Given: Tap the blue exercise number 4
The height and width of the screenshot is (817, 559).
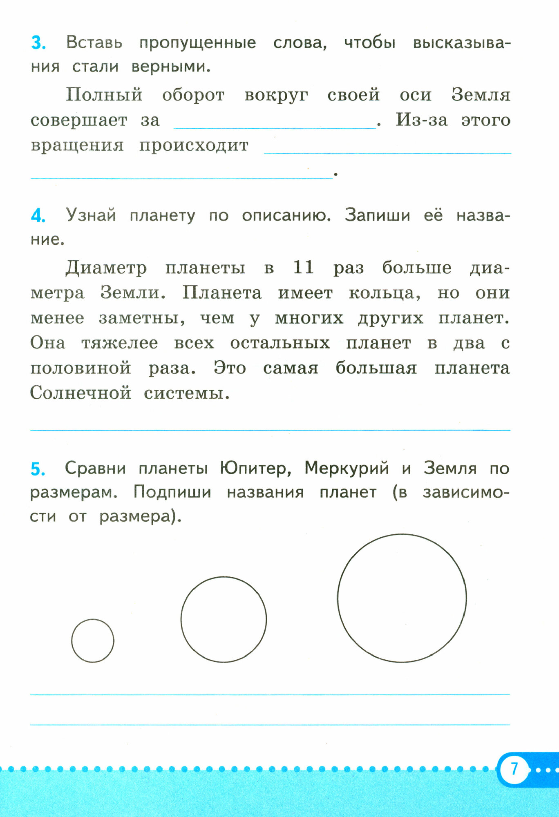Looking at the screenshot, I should [38, 216].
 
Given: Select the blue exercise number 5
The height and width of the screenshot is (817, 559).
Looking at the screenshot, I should [38, 469].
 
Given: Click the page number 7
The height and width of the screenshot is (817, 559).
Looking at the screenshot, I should [514, 769].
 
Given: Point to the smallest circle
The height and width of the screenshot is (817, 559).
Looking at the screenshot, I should [93, 641].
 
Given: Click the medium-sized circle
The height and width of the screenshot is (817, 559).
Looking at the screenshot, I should [224, 619].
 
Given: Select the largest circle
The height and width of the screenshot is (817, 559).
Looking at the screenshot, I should [402, 598].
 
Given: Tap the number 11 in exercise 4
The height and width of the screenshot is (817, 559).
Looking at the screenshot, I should [303, 268].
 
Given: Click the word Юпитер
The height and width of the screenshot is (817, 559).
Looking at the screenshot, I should [255, 469].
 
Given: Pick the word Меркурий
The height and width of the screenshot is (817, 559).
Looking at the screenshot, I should [347, 469].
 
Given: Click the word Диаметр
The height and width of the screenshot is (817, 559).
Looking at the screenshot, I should [106, 268].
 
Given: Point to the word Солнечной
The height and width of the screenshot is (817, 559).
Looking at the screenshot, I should [80, 393].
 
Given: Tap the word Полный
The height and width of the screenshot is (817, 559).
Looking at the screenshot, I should [104, 95].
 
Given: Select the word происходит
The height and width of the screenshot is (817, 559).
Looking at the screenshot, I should [194, 146].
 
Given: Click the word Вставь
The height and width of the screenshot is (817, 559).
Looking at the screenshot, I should [94, 43].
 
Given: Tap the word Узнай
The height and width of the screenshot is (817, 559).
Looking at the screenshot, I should [91, 215].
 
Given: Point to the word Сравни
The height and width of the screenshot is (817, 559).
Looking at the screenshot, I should [95, 469].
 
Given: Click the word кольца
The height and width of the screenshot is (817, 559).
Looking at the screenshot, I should [384, 293].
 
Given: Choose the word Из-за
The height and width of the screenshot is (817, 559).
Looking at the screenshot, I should [422, 120].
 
